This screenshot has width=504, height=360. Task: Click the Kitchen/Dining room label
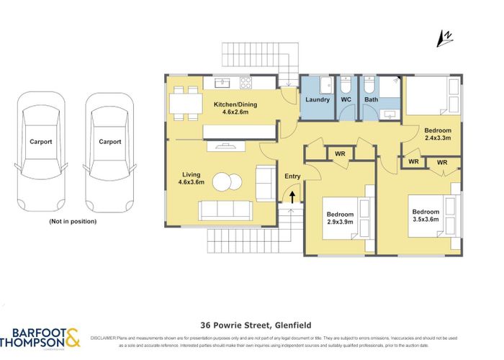[x=235, y=109]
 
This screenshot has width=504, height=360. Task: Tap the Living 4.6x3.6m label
[x=192, y=178]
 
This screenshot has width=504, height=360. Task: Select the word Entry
[x=292, y=176]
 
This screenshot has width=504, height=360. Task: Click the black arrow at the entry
[x=293, y=195]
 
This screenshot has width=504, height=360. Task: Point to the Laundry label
[x=318, y=99]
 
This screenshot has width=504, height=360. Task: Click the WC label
[x=345, y=99]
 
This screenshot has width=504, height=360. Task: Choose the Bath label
[x=371, y=99]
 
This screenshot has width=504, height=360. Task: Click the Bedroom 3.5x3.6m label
[x=425, y=216]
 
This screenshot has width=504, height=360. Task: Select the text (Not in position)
[x=72, y=221]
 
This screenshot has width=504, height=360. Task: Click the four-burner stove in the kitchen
[x=246, y=81]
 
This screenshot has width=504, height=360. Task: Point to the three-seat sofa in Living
[x=225, y=210]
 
